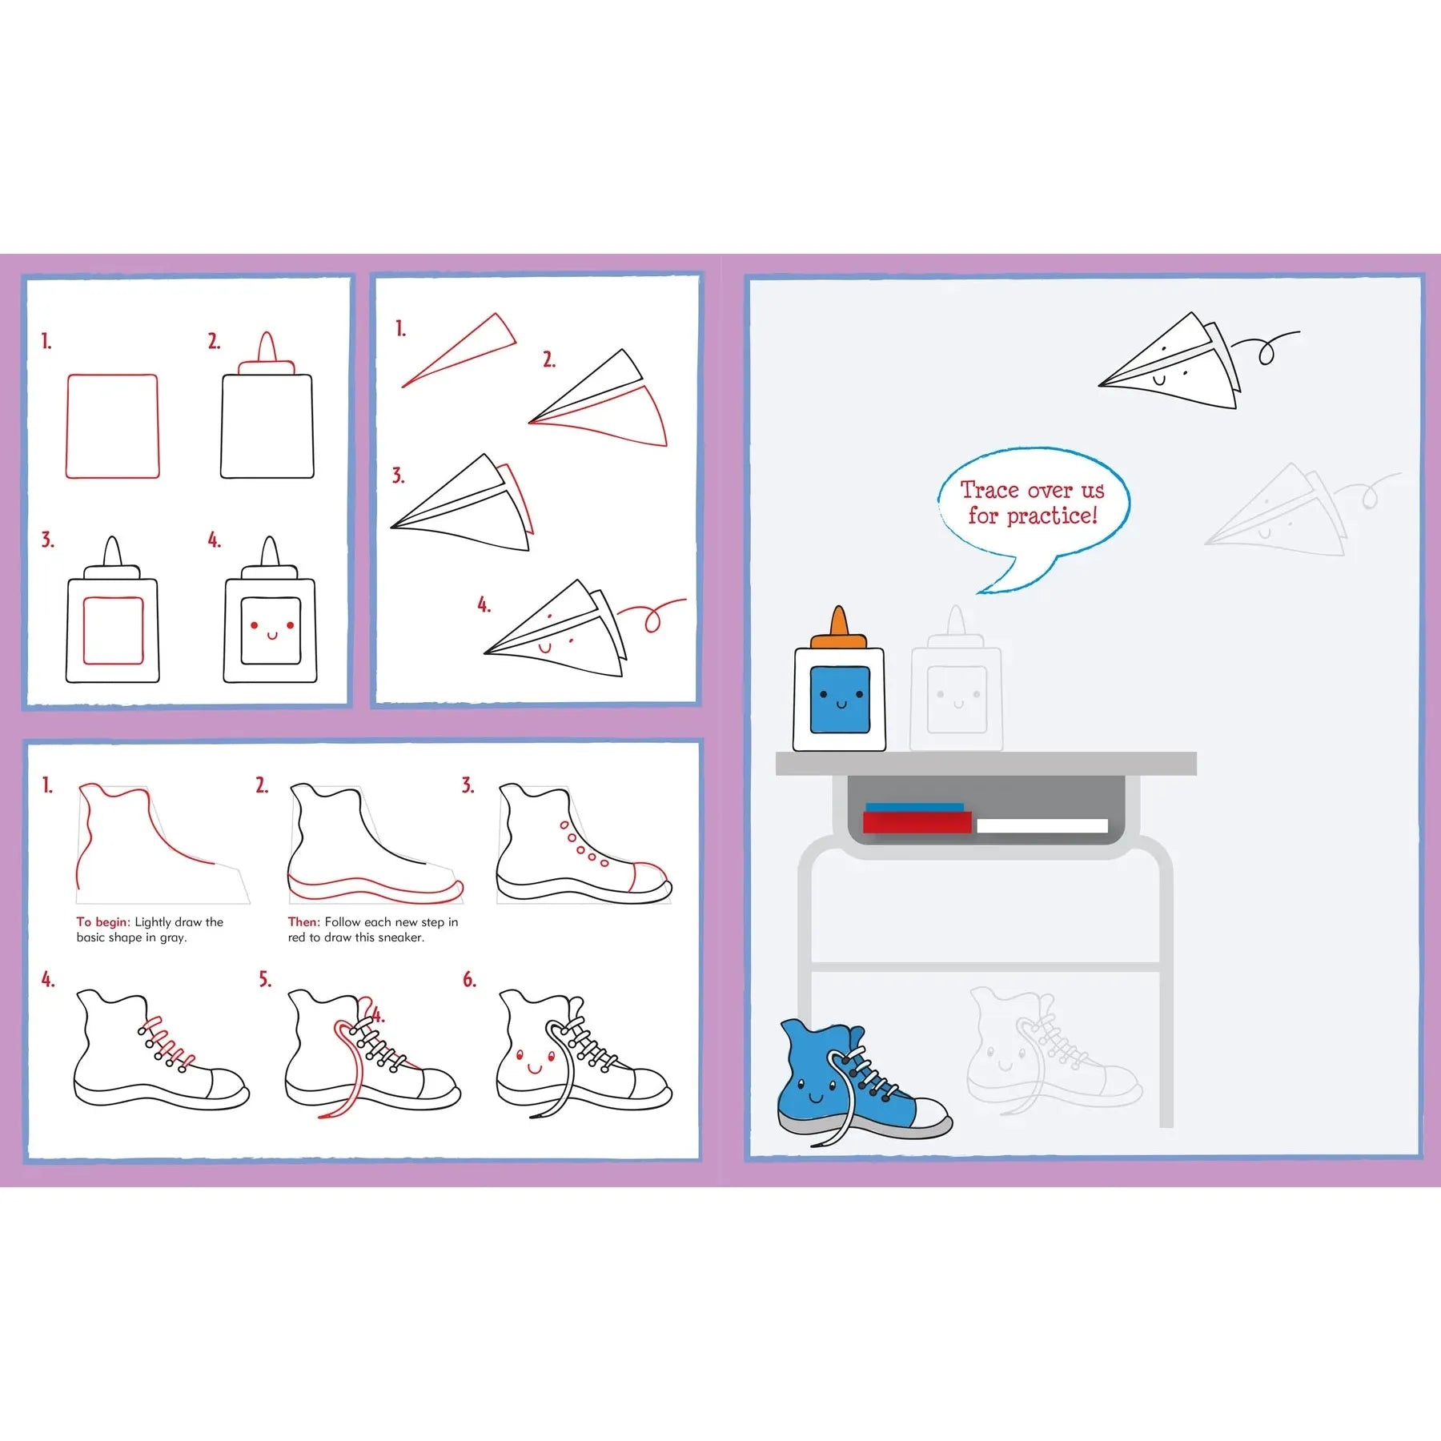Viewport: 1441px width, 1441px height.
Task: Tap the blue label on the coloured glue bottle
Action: click(x=840, y=699)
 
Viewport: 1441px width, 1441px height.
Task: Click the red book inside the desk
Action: click(x=917, y=822)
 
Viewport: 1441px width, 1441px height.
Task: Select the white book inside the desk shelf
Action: click(x=1042, y=826)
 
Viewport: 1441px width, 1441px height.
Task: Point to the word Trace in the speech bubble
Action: click(x=989, y=489)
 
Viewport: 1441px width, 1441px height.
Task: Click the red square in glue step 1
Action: click(x=112, y=426)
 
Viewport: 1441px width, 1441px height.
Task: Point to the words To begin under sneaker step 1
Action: click(x=102, y=922)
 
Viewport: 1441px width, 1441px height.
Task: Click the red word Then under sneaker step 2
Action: click(x=303, y=922)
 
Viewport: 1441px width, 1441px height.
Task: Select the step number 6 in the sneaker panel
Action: click(x=469, y=979)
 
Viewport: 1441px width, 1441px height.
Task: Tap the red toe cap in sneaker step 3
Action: click(x=648, y=877)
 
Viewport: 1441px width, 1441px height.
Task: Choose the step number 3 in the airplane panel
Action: click(x=398, y=476)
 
